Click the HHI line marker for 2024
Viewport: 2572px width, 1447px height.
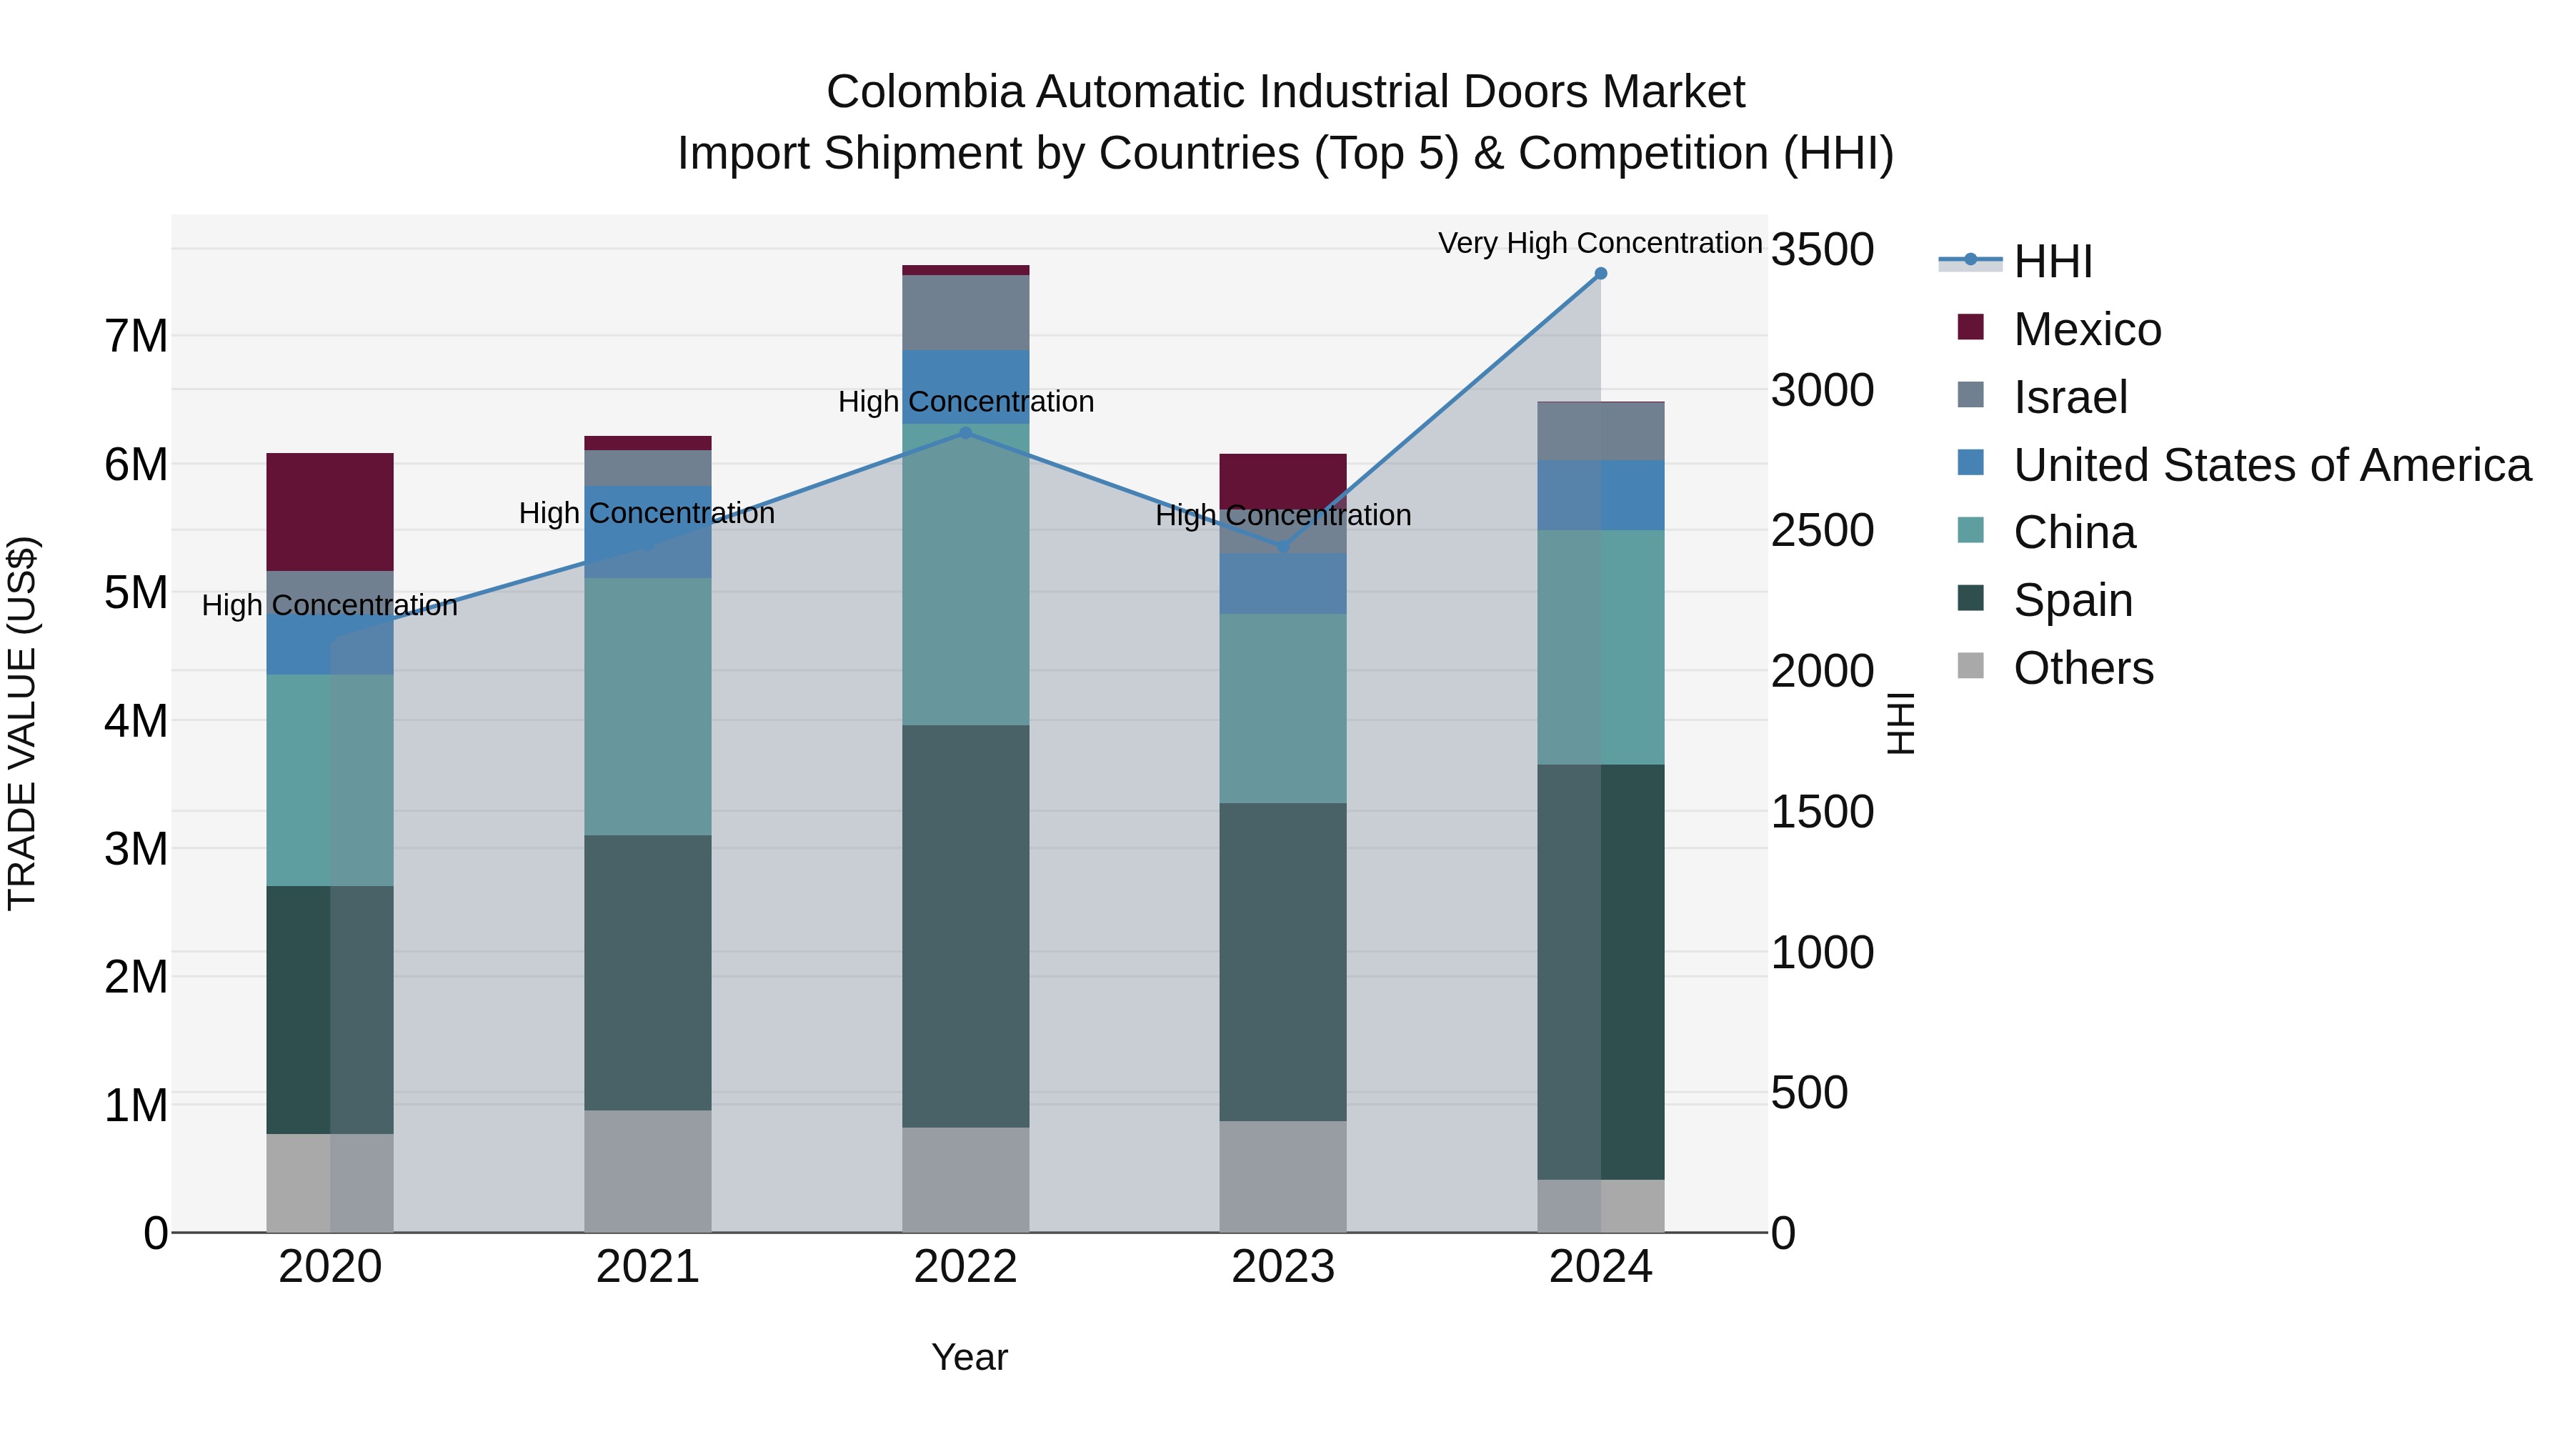point(1600,274)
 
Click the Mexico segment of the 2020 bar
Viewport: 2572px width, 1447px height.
point(329,512)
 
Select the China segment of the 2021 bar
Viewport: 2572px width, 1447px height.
point(647,706)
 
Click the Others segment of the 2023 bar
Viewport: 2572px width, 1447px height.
point(1283,1175)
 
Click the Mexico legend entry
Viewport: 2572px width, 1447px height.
point(2087,329)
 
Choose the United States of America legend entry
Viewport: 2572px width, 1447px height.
point(2271,465)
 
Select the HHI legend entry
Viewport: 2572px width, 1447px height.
point(2052,262)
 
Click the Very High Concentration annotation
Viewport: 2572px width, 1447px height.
point(1600,243)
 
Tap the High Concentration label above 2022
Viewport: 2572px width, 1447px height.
point(965,402)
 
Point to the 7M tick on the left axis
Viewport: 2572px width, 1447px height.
point(136,336)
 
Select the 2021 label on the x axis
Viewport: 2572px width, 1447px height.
point(647,1267)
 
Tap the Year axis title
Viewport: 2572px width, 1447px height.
point(969,1357)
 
